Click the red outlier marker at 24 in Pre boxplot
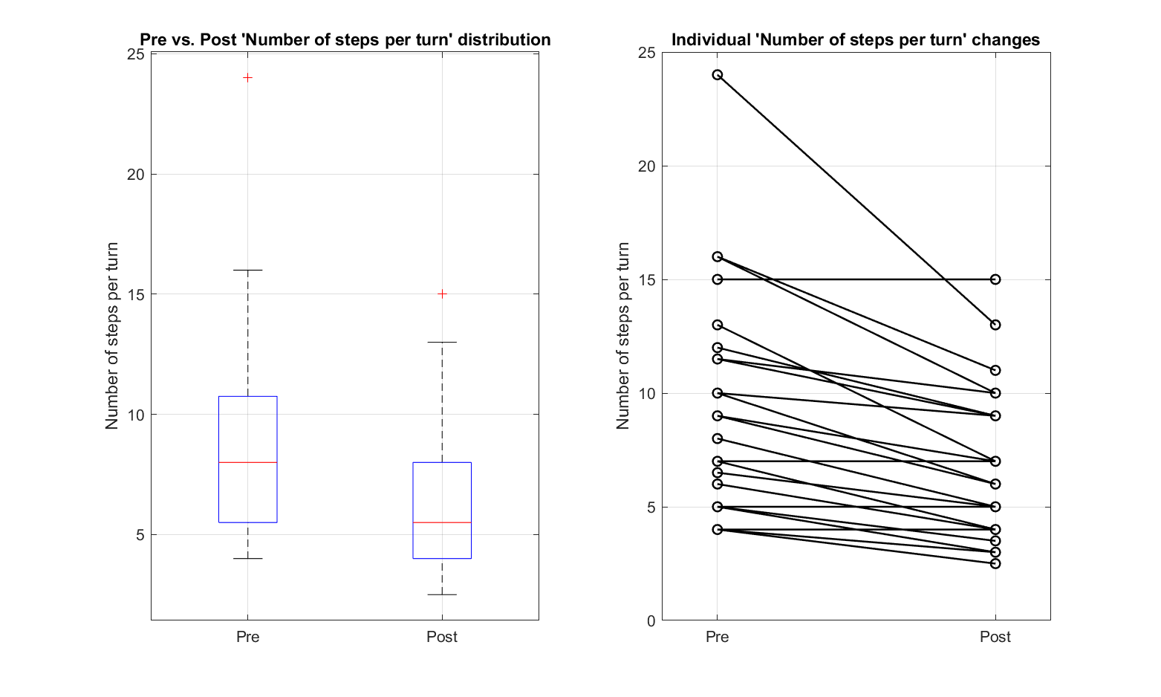(248, 77)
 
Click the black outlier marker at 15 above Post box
(442, 294)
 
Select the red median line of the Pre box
(248, 462)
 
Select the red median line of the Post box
(442, 522)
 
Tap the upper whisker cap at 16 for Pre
(248, 270)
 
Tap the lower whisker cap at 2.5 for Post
(442, 594)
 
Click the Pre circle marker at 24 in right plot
(718, 75)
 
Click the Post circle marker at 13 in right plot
(995, 325)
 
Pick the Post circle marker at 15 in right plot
(995, 279)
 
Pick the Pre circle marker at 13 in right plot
(718, 325)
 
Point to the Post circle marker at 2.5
(995, 563)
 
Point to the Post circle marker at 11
(995, 370)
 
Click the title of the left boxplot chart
(345, 40)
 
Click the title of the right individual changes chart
(856, 40)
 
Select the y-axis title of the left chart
(112, 336)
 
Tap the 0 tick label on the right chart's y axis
(651, 621)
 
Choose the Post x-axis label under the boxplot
(442, 637)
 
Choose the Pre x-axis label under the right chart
(718, 637)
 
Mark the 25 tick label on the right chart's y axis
(646, 53)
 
